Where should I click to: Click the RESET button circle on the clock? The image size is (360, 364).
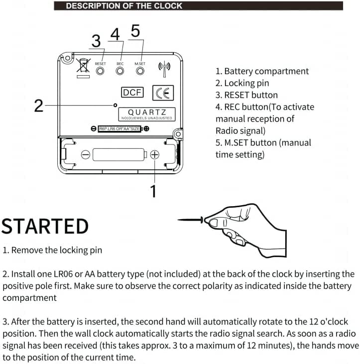pyautogui.click(x=100, y=71)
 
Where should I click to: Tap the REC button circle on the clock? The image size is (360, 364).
pyautogui.click(x=120, y=71)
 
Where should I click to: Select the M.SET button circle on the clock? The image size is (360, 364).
pyautogui.click(x=140, y=71)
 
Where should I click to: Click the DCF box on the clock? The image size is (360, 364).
pyautogui.click(x=132, y=93)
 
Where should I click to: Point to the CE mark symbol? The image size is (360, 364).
pyautogui.click(x=163, y=93)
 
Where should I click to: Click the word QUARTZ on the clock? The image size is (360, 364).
pyautogui.click(x=147, y=112)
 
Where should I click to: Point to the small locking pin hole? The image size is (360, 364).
pyautogui.click(x=115, y=105)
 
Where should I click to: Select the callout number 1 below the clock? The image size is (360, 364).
pyautogui.click(x=153, y=191)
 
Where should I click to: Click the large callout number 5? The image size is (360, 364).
pyautogui.click(x=135, y=31)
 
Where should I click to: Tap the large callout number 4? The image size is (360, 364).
pyautogui.click(x=115, y=35)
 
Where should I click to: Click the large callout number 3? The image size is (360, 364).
pyautogui.click(x=96, y=41)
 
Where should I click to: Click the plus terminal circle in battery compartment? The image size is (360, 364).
pyautogui.click(x=155, y=155)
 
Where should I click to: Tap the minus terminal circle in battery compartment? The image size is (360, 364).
pyautogui.click(x=86, y=155)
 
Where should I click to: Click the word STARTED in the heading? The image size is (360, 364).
pyautogui.click(x=45, y=226)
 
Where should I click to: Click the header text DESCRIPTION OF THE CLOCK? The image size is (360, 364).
pyautogui.click(x=124, y=6)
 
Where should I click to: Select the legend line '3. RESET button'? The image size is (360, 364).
pyautogui.click(x=246, y=95)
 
